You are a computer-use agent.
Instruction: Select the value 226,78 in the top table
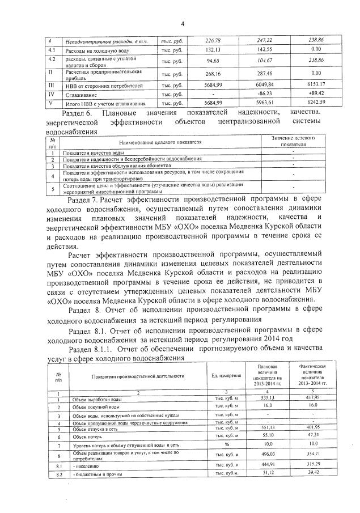(x=213, y=41)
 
